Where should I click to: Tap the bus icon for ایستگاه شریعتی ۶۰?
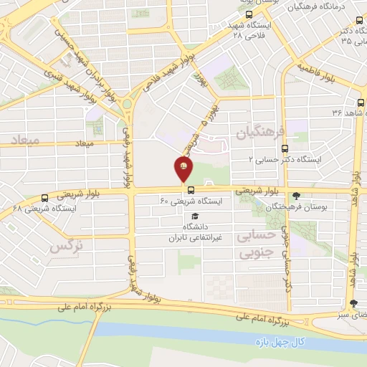point(191,191)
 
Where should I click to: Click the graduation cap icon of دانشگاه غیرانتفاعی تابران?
point(196,216)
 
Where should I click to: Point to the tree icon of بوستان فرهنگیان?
point(296,195)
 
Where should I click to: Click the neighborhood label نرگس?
point(66,247)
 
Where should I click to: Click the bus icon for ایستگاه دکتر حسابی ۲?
point(285,149)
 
